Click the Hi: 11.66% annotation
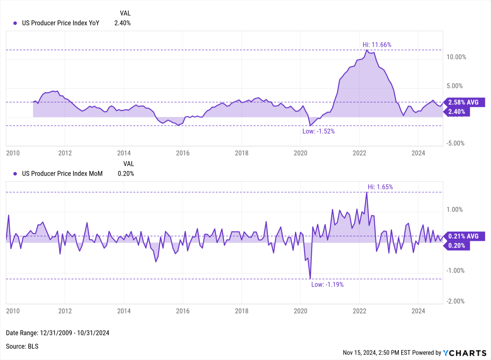pos(377,45)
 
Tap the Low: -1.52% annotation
pos(318,131)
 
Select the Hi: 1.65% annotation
pos(380,187)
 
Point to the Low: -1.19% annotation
pos(327,285)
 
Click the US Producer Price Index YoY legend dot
pos(15,23)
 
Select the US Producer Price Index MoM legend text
pos(62,173)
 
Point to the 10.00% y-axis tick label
pos(456,57)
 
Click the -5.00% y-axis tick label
pos(456,143)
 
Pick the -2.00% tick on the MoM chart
pos(456,301)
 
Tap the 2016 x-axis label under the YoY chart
pos(183,153)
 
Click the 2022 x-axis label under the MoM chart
pos(359,311)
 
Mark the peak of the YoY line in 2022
pos(367,50)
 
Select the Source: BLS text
pos(22,346)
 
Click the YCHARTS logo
pos(465,353)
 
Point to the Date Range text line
pos(58,333)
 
